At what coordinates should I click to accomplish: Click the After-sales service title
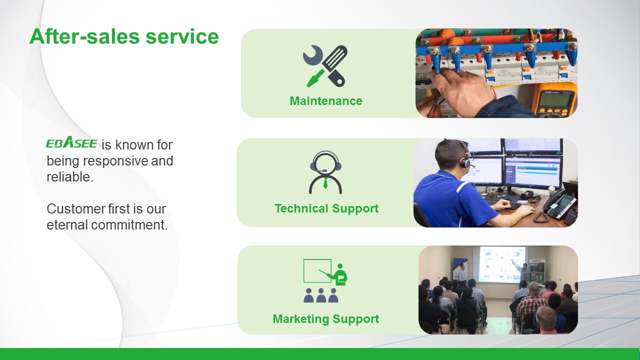(124, 37)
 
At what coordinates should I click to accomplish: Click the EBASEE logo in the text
(71, 142)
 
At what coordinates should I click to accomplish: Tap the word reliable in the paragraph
(70, 177)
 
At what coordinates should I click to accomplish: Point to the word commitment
(129, 225)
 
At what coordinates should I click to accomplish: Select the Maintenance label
(326, 101)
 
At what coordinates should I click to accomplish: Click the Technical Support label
(326, 208)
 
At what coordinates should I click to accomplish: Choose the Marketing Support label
(326, 319)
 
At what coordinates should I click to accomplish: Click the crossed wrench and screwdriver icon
(325, 66)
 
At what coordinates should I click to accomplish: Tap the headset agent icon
(325, 172)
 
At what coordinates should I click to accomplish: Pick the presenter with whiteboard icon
(325, 281)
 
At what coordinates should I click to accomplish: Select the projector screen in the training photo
(502, 264)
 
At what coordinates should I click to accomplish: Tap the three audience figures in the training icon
(321, 295)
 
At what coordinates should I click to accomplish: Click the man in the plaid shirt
(530, 303)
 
